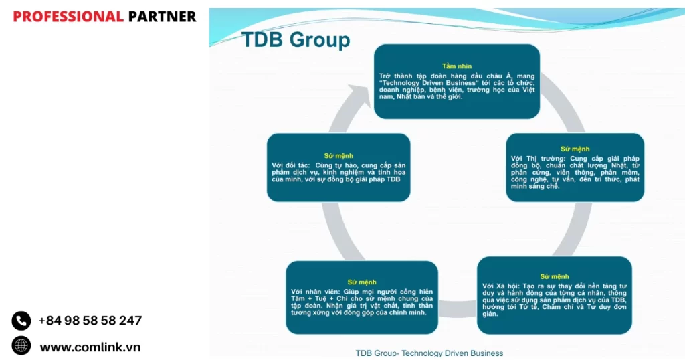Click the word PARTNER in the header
[162, 17]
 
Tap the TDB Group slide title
[295, 39]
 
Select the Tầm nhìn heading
[457, 66]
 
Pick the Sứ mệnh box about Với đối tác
[338, 168]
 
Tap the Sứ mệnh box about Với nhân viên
[362, 297]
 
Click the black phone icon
[21, 321]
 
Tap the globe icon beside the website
[21, 345]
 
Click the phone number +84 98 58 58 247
[90, 321]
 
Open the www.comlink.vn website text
[90, 347]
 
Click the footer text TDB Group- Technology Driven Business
[429, 353]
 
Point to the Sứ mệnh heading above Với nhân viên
[362, 282]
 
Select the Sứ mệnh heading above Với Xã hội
[555, 276]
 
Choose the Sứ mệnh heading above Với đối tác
[338, 155]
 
